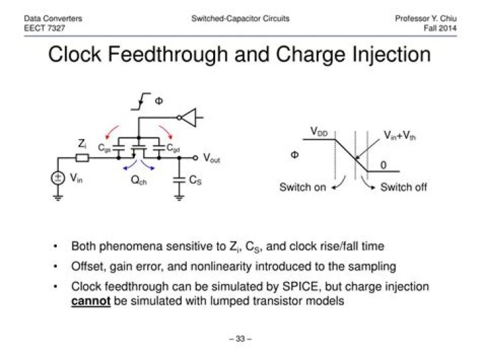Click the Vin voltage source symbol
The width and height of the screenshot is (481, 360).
pos(57,178)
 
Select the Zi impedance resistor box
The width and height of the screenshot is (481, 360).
pos(82,158)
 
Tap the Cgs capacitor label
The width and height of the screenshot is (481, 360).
pos(104,148)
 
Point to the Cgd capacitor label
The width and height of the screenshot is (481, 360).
pos(173,148)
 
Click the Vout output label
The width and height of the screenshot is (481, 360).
pos(212,158)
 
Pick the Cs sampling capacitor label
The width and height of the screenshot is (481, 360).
pos(195,180)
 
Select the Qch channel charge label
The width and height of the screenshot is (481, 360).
pos(139,180)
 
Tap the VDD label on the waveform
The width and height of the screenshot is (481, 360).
pos(319,132)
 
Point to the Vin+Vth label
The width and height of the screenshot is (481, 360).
pos(399,135)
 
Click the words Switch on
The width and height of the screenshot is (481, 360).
pos(303,187)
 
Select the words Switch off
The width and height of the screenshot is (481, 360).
pos(404,187)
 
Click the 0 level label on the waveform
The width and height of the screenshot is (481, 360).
pos(383,165)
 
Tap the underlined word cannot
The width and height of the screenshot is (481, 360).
pos(91,301)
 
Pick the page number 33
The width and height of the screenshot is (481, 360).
pos(240,339)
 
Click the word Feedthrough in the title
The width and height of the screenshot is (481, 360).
pos(168,54)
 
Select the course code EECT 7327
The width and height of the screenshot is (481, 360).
pos(45,28)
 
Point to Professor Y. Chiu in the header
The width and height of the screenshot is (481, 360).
pos(426,19)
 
